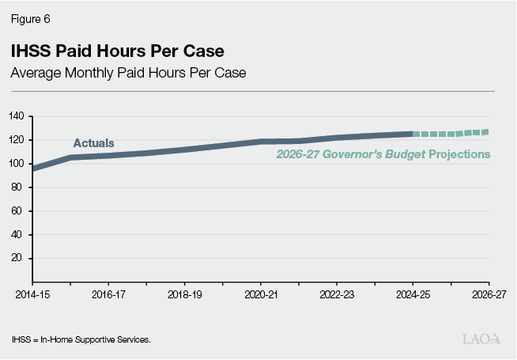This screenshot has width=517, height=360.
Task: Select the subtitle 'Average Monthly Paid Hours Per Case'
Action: coord(128,74)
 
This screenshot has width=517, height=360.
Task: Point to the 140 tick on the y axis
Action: coord(17,116)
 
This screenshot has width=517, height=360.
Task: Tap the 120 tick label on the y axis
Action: coord(17,140)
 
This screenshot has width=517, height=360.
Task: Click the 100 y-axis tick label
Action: coord(17,164)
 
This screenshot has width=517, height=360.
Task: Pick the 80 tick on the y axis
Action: coord(20,188)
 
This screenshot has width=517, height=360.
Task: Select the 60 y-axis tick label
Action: coord(20,211)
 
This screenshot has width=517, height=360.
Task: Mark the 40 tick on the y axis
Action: coord(20,235)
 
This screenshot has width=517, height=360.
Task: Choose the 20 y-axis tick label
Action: coord(20,259)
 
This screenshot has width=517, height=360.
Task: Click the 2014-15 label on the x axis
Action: coord(32,293)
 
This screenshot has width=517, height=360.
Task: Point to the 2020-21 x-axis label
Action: coord(260,293)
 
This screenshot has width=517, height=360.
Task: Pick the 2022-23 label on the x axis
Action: coord(336,293)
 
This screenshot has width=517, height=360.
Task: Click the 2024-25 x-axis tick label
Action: coord(412,293)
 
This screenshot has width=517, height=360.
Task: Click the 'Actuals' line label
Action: coord(93,143)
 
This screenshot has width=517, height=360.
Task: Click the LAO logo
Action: coord(481,339)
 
